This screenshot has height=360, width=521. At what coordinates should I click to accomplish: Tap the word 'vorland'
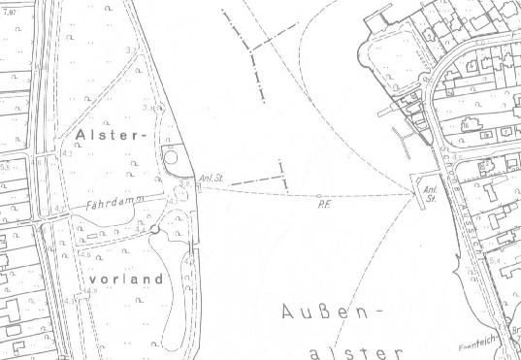coord(125,278)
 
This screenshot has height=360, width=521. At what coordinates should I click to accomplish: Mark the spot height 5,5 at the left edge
coord(6,168)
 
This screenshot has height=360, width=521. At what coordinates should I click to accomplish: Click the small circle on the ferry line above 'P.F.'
coord(318,195)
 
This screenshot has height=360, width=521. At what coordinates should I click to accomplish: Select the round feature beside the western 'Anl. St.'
coord(171,156)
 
